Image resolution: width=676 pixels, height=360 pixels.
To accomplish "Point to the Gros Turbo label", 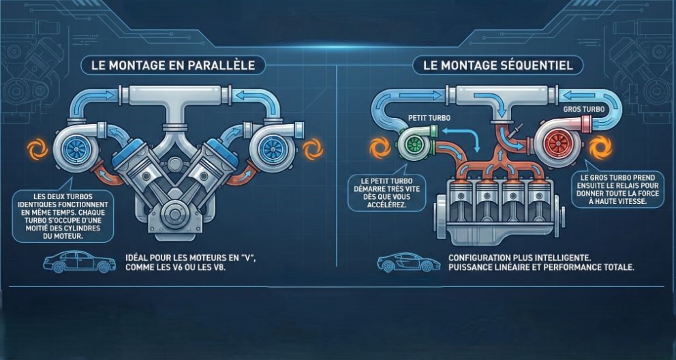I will click(581, 109).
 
